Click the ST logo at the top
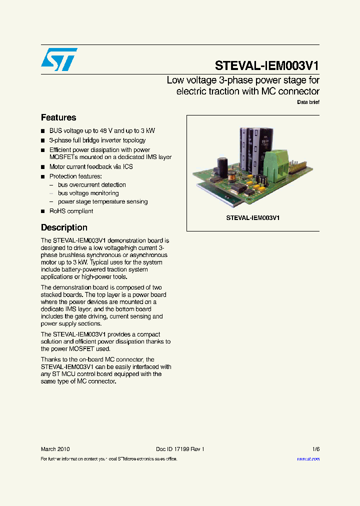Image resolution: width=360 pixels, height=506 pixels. click(x=59, y=59)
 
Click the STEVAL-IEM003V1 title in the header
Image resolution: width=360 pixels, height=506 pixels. click(x=267, y=66)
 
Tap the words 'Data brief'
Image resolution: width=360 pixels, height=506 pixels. click(x=308, y=102)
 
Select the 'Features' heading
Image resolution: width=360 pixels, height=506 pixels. click(x=58, y=117)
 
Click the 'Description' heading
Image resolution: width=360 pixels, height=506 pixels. click(x=64, y=227)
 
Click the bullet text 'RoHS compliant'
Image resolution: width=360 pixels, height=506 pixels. click(x=71, y=211)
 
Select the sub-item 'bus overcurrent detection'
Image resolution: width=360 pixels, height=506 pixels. click(x=91, y=184)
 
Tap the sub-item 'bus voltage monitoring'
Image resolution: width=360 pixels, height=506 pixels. click(x=88, y=193)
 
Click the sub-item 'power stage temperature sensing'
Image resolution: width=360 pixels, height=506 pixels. click(x=102, y=201)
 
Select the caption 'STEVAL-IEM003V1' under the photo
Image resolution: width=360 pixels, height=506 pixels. click(x=253, y=218)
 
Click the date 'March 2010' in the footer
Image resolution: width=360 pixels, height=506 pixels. click(x=55, y=449)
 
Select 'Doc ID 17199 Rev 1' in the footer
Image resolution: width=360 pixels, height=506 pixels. click(x=180, y=449)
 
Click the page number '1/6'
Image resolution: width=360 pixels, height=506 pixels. click(x=315, y=449)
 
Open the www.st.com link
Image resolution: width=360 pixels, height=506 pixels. click(x=308, y=458)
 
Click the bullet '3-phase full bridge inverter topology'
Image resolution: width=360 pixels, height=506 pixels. click(x=97, y=140)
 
